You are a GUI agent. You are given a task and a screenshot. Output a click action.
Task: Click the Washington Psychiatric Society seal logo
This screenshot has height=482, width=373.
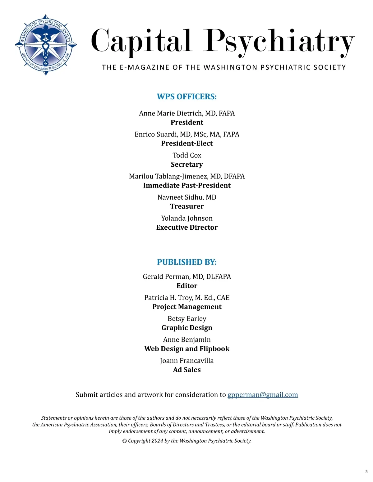point(46,45)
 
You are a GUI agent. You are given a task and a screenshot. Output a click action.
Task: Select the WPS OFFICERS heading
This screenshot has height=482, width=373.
point(187,97)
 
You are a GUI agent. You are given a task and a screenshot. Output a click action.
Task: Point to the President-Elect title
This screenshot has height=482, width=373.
point(187,143)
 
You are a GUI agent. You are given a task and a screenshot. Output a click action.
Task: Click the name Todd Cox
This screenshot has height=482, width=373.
point(187,155)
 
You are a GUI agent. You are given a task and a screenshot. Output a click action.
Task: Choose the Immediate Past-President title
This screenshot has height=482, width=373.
point(187,186)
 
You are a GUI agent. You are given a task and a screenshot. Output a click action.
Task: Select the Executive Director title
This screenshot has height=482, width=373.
point(187,227)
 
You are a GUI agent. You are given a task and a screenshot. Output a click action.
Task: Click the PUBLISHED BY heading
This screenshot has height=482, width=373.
point(187,262)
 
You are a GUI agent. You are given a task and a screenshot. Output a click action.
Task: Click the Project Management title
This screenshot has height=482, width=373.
point(187,307)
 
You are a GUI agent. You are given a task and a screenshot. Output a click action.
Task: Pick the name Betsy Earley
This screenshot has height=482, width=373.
point(187,319)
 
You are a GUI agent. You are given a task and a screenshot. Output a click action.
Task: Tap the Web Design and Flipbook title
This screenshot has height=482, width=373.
point(187,349)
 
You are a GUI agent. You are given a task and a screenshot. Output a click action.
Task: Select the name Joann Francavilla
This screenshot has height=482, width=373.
point(187,361)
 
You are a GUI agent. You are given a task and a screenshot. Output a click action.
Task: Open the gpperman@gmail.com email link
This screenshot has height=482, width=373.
point(263,395)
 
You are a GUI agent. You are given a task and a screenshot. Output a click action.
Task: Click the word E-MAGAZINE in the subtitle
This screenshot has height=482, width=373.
point(145,68)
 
